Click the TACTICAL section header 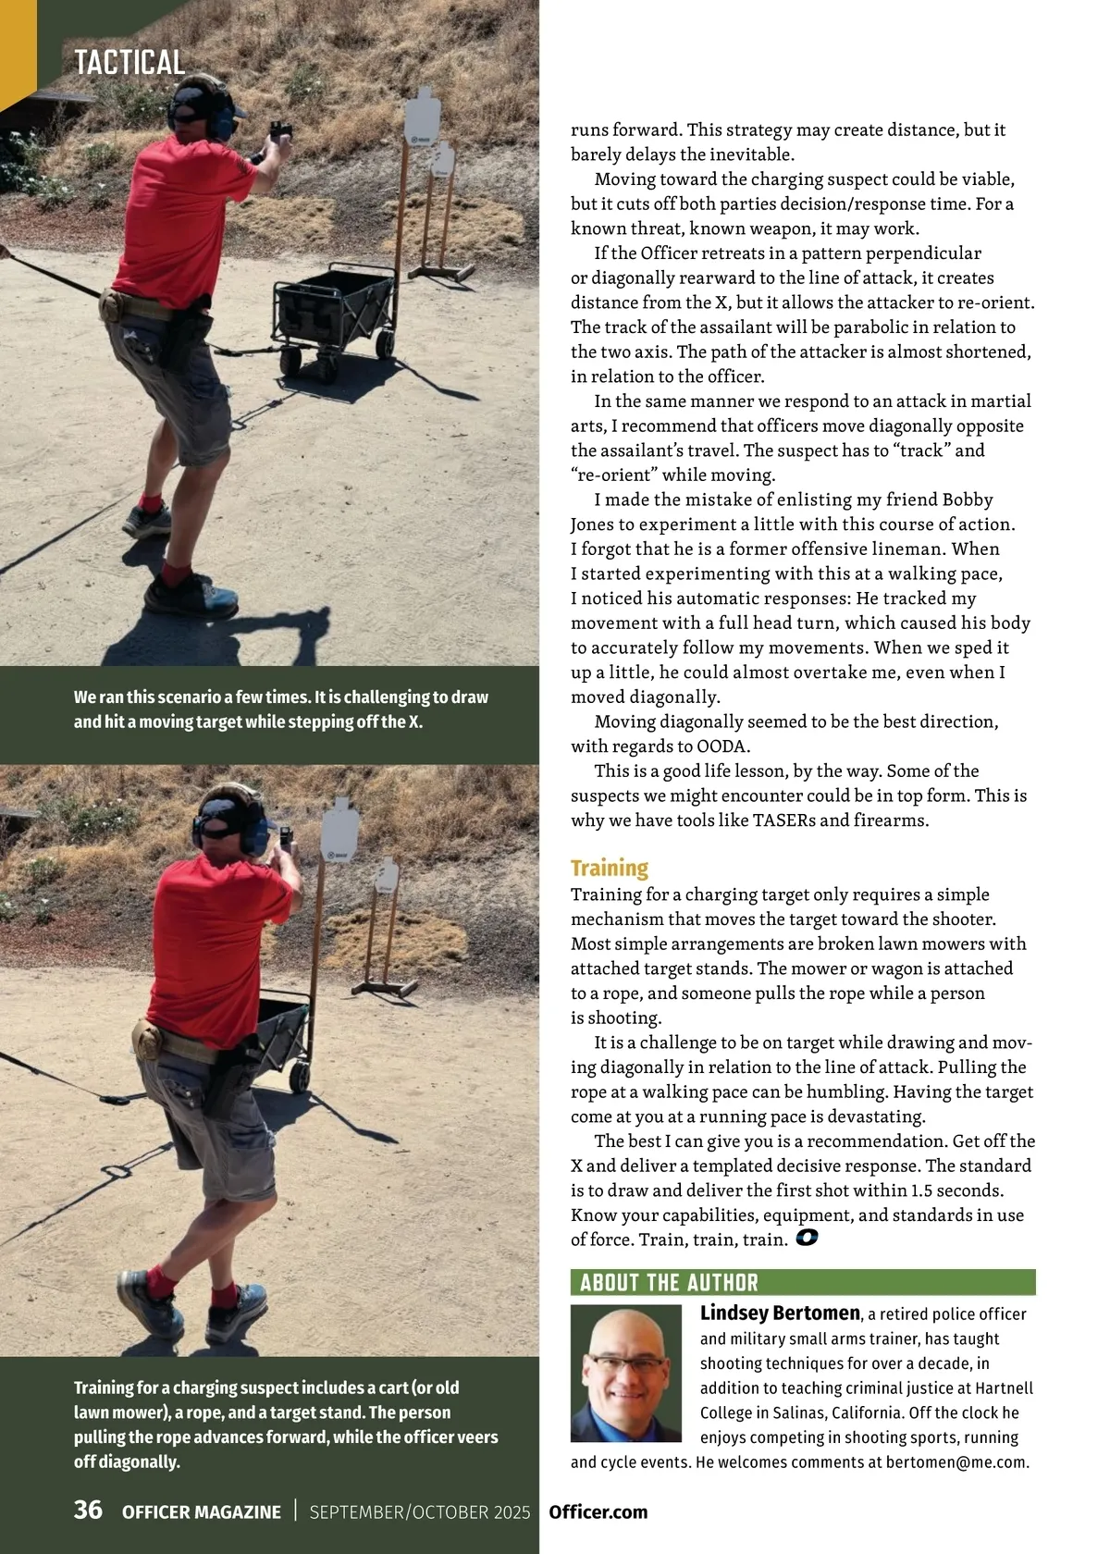pyautogui.click(x=129, y=63)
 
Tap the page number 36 pyautogui.click(x=88, y=1510)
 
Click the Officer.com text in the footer pyautogui.click(x=598, y=1511)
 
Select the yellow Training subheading pyautogui.click(x=609, y=868)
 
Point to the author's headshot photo pyautogui.click(x=625, y=1373)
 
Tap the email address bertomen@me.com pyautogui.click(x=956, y=1462)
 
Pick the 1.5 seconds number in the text pyautogui.click(x=956, y=1190)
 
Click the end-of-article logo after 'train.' pyautogui.click(x=807, y=1238)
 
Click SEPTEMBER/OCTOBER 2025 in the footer pyautogui.click(x=419, y=1511)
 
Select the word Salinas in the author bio pyautogui.click(x=795, y=1412)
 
